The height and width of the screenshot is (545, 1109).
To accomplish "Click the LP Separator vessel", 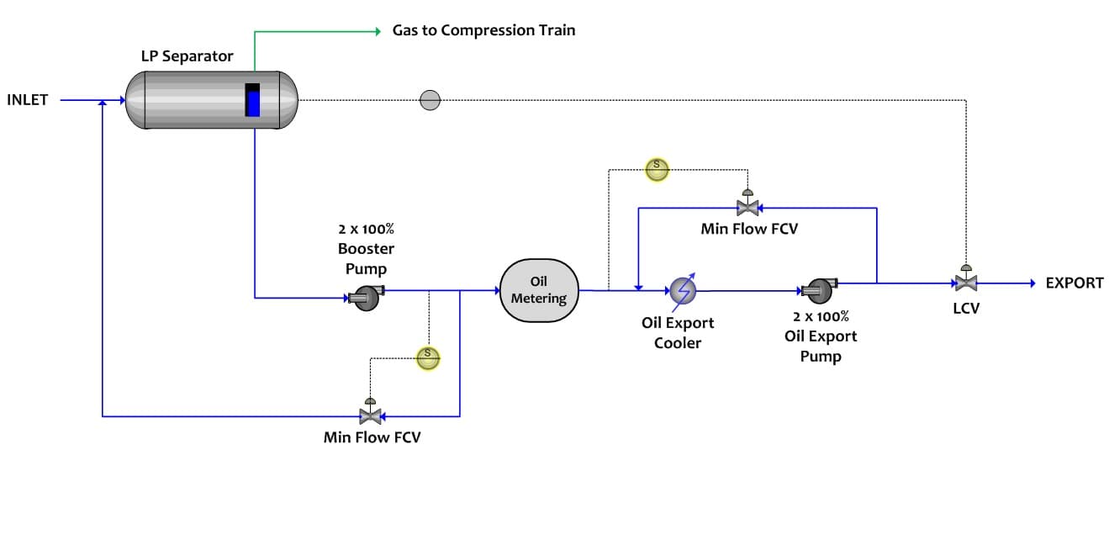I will click(210, 99).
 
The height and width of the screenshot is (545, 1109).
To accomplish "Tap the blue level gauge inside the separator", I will click(253, 101).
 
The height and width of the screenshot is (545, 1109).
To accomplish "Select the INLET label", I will click(28, 100).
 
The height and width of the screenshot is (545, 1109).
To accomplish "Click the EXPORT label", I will click(1074, 283).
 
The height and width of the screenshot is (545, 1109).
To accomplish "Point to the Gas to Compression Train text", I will click(483, 30).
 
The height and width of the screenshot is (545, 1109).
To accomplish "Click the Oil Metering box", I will click(539, 290).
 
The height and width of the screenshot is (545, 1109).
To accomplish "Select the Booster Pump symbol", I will click(366, 297).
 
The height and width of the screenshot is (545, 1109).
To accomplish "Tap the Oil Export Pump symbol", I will click(818, 290).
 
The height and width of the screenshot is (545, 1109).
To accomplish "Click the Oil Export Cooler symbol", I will click(683, 291).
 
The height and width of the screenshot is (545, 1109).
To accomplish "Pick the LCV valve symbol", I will click(966, 282).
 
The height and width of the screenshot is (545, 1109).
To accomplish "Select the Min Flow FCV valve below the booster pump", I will click(369, 414).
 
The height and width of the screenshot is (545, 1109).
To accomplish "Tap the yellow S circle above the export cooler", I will click(656, 168).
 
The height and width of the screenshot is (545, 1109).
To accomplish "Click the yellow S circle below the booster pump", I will click(428, 357).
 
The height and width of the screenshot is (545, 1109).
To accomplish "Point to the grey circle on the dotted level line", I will click(430, 100).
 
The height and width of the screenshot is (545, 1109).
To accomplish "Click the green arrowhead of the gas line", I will click(378, 32).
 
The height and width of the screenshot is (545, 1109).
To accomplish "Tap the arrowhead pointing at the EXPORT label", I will click(1031, 283).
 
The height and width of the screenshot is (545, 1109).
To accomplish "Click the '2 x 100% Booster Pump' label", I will click(366, 248).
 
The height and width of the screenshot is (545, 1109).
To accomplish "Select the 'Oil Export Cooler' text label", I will click(678, 333).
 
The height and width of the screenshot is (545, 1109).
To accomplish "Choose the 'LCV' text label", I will click(966, 309).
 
